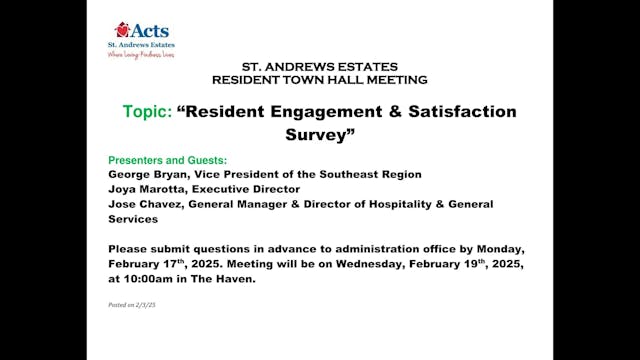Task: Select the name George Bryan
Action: coord(144,174)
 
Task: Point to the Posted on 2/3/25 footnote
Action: coord(132,303)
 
